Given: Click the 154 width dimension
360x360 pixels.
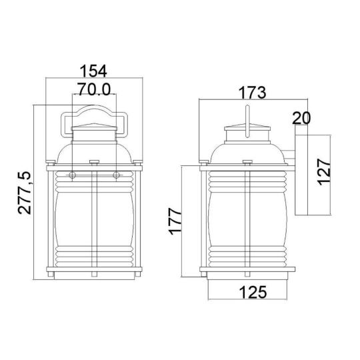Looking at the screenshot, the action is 93,71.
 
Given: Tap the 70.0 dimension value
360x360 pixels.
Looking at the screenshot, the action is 94,89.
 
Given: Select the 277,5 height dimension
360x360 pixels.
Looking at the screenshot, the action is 25,193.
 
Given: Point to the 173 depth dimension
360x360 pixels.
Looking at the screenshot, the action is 252,93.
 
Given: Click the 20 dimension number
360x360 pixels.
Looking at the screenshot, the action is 301,119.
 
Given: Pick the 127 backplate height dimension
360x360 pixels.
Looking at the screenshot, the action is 324,172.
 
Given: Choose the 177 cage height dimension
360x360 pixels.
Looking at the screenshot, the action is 175,221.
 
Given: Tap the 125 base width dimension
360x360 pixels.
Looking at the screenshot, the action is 253,292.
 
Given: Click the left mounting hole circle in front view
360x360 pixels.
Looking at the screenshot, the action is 72,175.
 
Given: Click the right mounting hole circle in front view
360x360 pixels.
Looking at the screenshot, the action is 117,175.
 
